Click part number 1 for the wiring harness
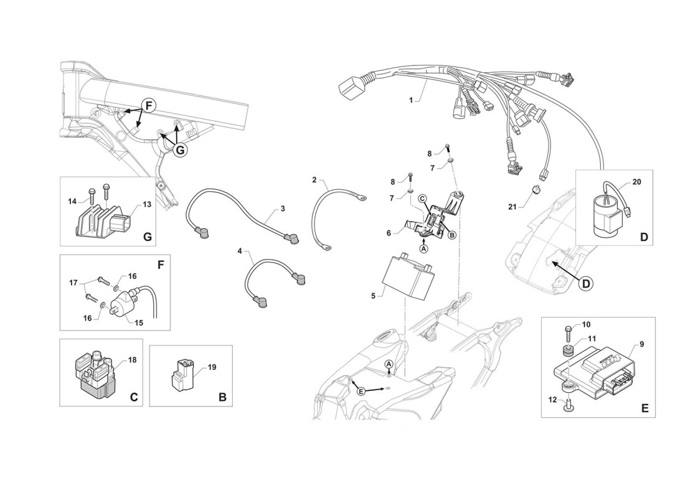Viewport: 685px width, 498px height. (x=410, y=100)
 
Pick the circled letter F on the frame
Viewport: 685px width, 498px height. (x=148, y=106)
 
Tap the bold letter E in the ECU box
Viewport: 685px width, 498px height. (x=644, y=408)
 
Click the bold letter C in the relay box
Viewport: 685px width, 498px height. (x=133, y=397)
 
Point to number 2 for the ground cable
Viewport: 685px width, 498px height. (x=315, y=180)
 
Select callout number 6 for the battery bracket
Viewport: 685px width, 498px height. (x=389, y=232)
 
